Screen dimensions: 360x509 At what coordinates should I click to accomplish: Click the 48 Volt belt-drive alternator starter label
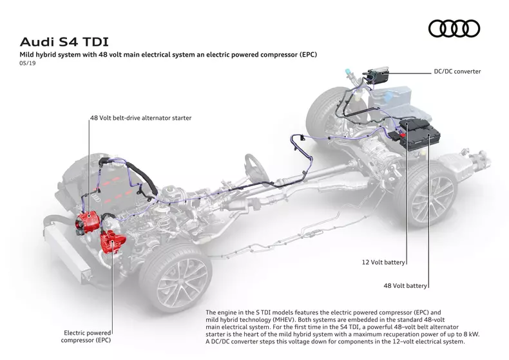pyautogui.click(x=140, y=118)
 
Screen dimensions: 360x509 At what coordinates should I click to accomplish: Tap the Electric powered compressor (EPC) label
pyautogui.click(x=87, y=336)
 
